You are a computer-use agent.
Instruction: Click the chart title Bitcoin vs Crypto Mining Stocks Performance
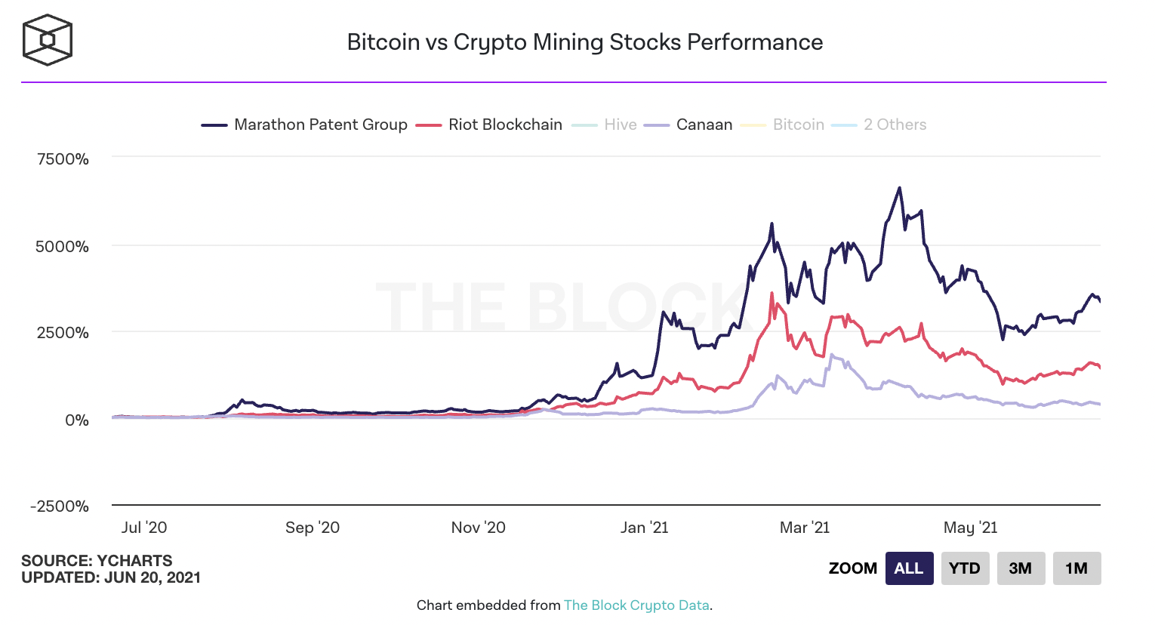point(584,42)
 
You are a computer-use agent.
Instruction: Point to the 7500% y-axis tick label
point(63,159)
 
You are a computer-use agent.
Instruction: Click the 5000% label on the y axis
point(63,247)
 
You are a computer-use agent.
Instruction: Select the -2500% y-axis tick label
point(60,506)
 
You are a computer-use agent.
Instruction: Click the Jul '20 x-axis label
point(144,528)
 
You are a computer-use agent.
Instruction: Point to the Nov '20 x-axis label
point(478,528)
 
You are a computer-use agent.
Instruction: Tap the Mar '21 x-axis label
point(804,528)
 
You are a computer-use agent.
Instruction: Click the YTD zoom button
point(964,568)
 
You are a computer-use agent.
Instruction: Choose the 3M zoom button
point(1020,568)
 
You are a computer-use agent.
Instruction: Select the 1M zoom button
point(1076,568)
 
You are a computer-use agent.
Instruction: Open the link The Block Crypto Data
point(636,605)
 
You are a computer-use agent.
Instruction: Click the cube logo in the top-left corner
point(48,39)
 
